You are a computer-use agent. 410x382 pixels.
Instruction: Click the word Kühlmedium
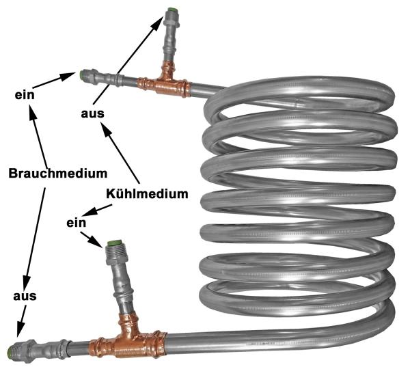[147, 193]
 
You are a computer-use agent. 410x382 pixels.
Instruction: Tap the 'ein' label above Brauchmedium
[24, 94]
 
